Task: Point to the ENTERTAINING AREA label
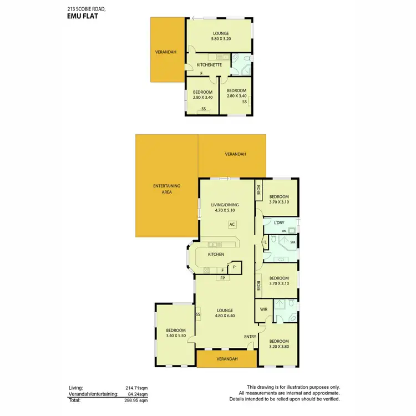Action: [x=167, y=189]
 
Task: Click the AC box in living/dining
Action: [x=232, y=225]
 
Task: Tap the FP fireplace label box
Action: [x=222, y=277]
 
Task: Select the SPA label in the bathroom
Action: [x=292, y=243]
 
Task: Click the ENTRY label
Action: [x=250, y=336]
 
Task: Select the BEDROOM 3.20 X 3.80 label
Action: [x=279, y=344]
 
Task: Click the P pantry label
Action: [x=234, y=267]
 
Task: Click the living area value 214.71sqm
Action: [x=136, y=388]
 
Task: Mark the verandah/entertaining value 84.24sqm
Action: [x=137, y=394]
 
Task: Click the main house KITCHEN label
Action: [x=216, y=254]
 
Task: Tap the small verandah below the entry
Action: [x=226, y=359]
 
